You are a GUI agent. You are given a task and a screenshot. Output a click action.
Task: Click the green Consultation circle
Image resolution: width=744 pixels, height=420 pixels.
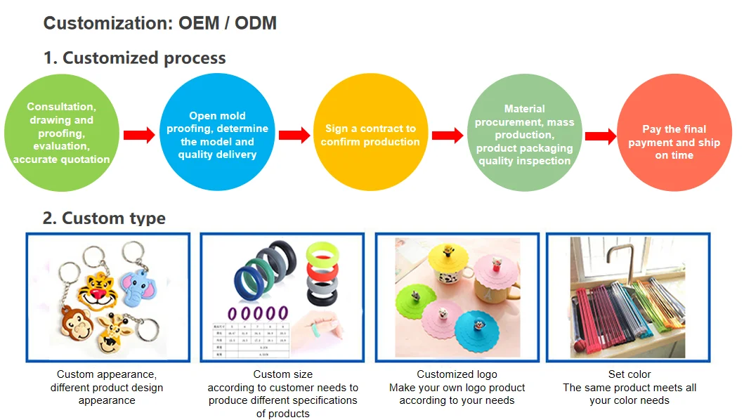[61, 133]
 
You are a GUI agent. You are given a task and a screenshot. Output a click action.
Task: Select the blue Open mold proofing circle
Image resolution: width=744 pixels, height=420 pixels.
[217, 134]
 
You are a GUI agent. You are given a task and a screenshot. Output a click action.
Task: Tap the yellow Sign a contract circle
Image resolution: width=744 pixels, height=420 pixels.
[370, 134]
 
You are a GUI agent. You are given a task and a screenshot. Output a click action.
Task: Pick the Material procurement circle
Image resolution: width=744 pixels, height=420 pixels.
[524, 134]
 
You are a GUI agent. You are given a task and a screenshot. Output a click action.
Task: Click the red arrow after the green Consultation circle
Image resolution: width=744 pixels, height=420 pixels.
[138, 135]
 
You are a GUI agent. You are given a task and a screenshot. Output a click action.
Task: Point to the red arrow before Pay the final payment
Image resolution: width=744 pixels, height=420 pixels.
[600, 136]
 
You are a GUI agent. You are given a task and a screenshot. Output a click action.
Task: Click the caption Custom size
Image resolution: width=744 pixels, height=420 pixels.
[282, 374]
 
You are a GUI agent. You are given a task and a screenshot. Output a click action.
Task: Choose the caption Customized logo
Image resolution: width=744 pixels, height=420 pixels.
[457, 374]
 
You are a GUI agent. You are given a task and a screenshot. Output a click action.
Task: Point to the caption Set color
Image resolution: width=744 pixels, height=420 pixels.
[629, 374]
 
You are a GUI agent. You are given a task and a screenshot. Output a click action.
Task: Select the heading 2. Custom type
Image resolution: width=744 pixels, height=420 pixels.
[104, 218]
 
